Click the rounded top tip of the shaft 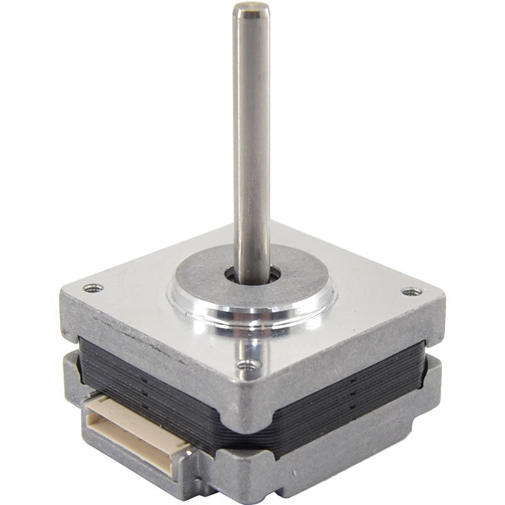pos(251,9)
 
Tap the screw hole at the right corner pos(411,292)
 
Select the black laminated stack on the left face pos(151,372)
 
